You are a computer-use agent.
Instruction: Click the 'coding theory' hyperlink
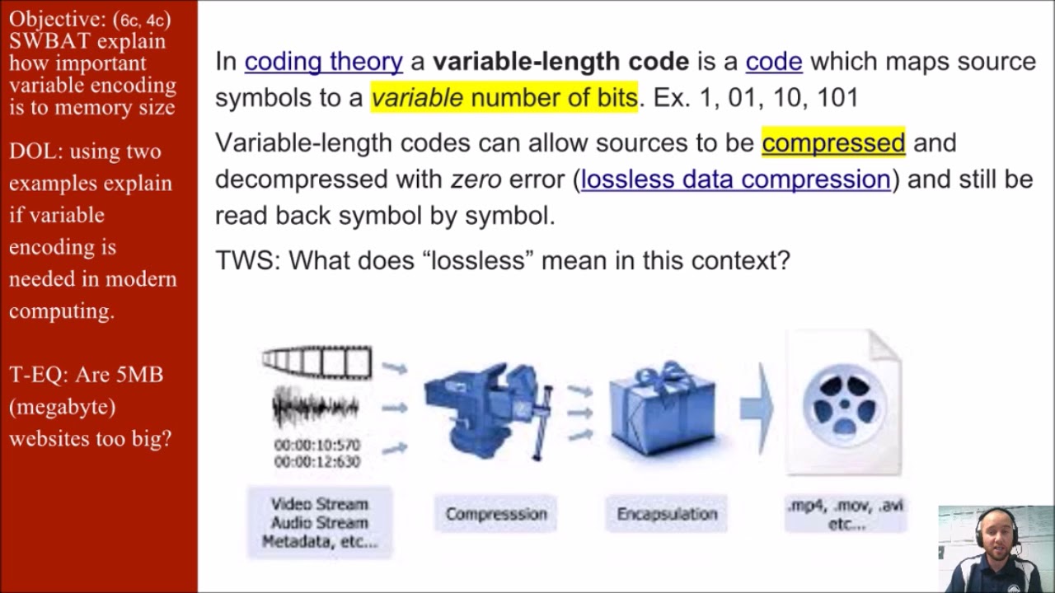point(323,62)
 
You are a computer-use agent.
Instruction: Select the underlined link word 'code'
point(773,62)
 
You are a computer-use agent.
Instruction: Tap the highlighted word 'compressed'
point(833,143)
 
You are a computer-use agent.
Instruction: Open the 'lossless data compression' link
point(735,180)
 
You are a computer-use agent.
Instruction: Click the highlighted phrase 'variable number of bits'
point(504,98)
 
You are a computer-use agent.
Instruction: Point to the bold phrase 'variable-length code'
point(560,62)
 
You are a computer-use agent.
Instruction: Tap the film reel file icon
point(844,404)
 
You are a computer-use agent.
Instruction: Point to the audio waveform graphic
point(315,408)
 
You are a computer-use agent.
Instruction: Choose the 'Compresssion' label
point(496,514)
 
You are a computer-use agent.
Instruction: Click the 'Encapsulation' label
point(667,514)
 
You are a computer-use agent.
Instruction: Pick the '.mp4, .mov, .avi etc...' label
point(846,514)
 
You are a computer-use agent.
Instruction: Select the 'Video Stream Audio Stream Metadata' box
point(320,522)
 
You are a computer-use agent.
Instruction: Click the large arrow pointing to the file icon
point(756,407)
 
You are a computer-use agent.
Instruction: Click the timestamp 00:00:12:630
point(317,462)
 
